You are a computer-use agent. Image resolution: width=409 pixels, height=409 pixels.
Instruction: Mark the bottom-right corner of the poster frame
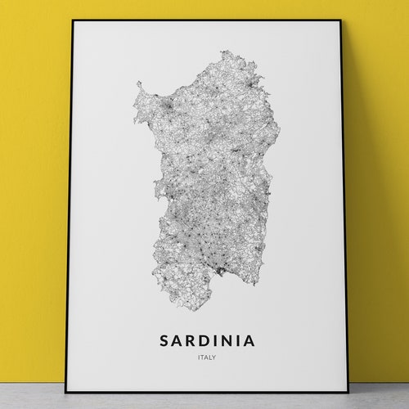pyautogui.click(x=348, y=391)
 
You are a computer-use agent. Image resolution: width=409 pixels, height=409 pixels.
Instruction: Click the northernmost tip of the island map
pyautogui.click(x=243, y=52)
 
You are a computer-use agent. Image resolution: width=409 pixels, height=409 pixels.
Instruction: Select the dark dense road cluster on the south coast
pyautogui.click(x=218, y=268)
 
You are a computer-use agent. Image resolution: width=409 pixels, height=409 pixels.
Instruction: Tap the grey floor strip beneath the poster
pyautogui.click(x=204, y=400)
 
